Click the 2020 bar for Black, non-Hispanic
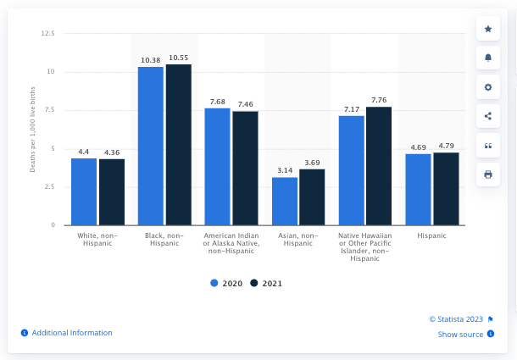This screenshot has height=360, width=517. pyautogui.click(x=151, y=146)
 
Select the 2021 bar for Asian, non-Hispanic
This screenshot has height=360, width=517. pyautogui.click(x=312, y=197)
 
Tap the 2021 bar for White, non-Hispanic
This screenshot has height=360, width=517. pyautogui.click(x=112, y=191)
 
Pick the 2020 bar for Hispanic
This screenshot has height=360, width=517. pyautogui.click(x=418, y=189)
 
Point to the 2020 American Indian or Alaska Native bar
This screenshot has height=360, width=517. pyautogui.click(x=217, y=166)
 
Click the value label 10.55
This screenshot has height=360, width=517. pyautogui.click(x=179, y=58)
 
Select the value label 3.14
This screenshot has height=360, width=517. pyautogui.click(x=285, y=170)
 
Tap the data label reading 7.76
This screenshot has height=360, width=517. pyautogui.click(x=379, y=100)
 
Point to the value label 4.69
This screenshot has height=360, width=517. pyautogui.click(x=418, y=147)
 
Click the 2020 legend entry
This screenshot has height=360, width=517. pyautogui.click(x=226, y=283)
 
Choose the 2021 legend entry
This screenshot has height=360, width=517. pyautogui.click(x=265, y=283)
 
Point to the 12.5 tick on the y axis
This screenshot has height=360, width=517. pyautogui.click(x=47, y=33)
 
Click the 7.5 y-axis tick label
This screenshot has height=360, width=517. pyautogui.click(x=49, y=110)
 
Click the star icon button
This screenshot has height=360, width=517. pyautogui.click(x=488, y=29)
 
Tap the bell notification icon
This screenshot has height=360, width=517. pyautogui.click(x=488, y=58)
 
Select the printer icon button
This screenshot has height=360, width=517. pyautogui.click(x=488, y=174)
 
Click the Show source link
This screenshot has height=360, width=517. pyautogui.click(x=460, y=335)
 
